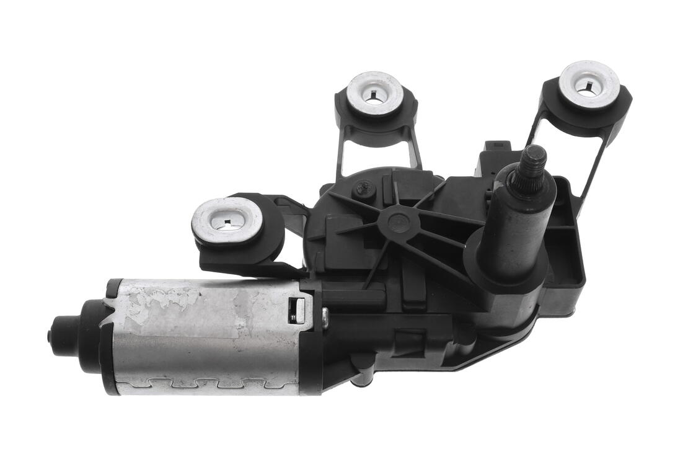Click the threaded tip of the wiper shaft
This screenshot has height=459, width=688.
533,158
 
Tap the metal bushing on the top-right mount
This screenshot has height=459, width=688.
589,84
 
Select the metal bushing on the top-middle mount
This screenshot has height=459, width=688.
374,93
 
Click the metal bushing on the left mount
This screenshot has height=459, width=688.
227,220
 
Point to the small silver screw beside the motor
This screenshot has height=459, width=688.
325,318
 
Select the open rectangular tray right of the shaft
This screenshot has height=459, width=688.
567,248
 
